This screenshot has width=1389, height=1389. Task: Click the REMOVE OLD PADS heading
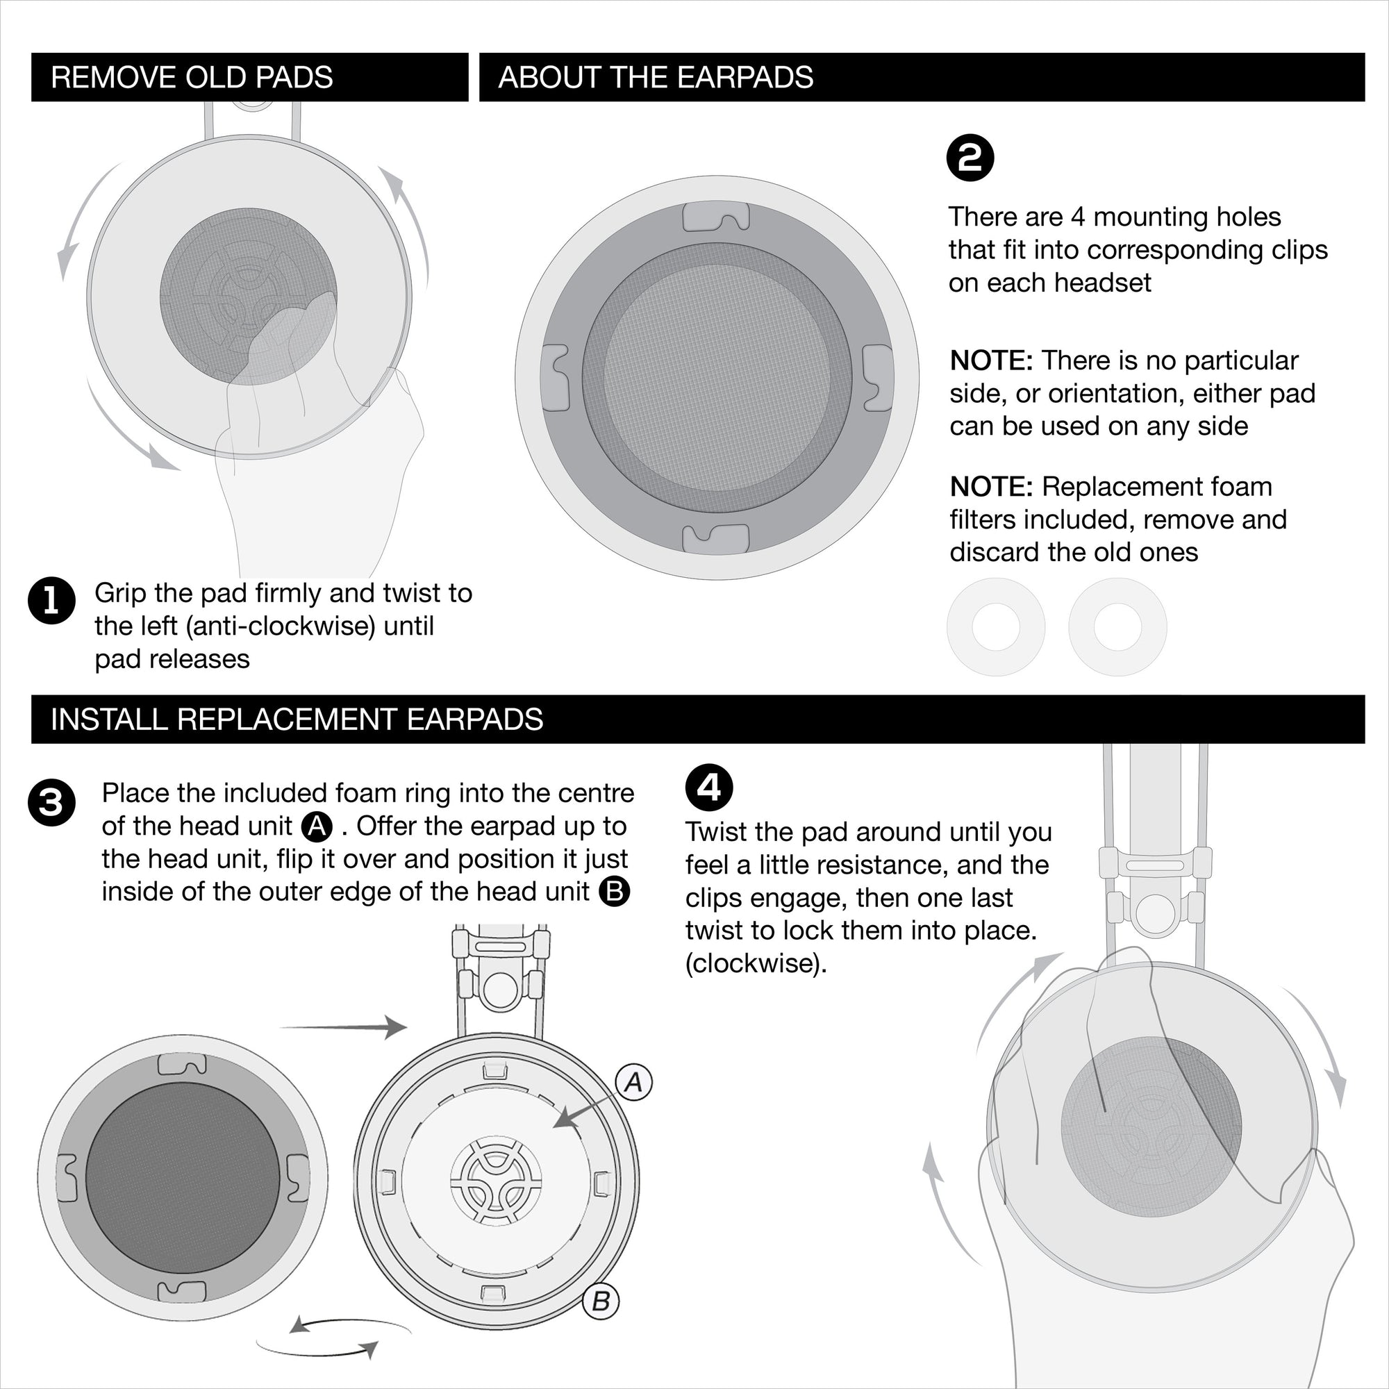coord(192,78)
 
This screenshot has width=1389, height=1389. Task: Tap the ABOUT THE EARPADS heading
coord(655,78)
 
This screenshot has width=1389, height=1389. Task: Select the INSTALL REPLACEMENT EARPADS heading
coord(297,720)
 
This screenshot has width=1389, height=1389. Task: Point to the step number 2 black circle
coord(970,158)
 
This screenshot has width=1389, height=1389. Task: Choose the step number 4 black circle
coord(709,788)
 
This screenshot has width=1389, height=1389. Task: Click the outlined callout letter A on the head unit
coord(633,1082)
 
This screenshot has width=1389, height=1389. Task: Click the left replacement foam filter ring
coord(996,627)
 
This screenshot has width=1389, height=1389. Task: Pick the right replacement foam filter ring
coord(1117,627)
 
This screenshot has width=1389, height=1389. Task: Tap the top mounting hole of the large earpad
coord(716,217)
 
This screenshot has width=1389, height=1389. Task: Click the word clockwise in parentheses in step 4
coord(755,963)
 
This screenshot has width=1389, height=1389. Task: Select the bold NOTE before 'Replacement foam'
coord(991,488)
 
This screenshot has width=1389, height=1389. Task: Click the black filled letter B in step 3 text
coord(614,892)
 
